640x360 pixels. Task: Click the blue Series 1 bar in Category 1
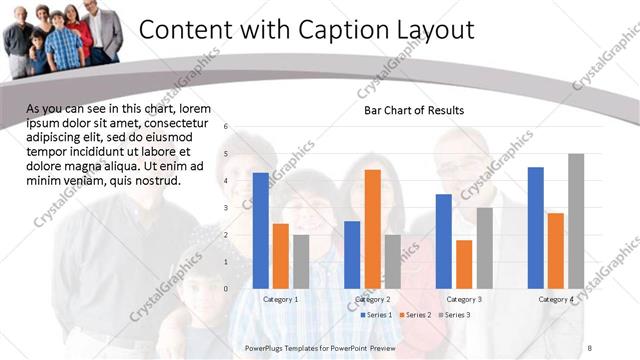261,230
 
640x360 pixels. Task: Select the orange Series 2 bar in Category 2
372,229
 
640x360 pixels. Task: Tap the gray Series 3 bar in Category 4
576,221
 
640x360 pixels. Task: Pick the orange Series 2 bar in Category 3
464,264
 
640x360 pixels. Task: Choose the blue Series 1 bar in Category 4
535,227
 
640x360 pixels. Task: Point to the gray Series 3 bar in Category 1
301,261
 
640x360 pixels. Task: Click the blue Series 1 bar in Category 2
352,254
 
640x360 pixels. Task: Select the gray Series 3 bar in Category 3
484,248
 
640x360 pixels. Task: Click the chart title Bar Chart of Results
413,110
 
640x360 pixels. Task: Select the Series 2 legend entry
417,315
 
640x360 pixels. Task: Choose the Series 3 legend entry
456,315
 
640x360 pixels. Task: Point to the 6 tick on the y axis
227,127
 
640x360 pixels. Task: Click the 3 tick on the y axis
227,208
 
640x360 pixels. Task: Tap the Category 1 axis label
281,299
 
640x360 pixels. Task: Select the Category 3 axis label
464,299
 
